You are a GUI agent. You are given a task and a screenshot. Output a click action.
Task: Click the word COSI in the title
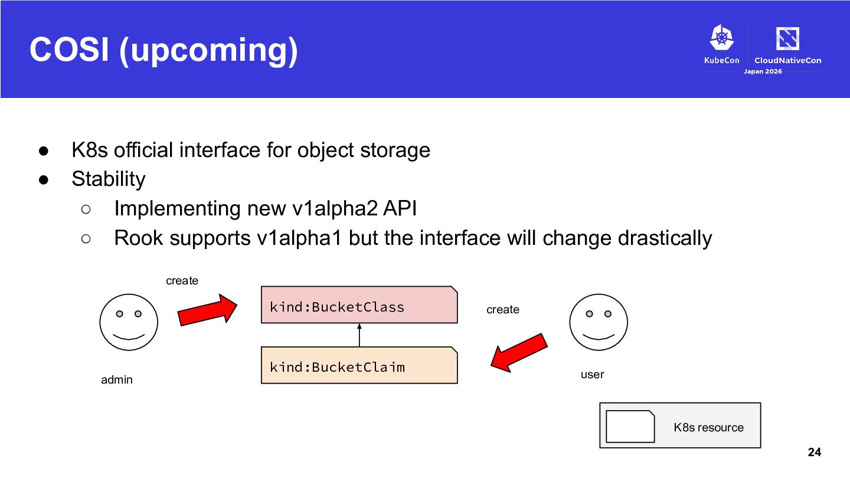click(70, 50)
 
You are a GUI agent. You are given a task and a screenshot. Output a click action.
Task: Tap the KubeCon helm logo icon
click(722, 37)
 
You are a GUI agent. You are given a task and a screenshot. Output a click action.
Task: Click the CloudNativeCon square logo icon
click(788, 38)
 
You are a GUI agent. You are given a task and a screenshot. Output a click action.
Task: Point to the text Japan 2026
click(763, 71)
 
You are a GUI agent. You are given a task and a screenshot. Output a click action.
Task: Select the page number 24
click(815, 452)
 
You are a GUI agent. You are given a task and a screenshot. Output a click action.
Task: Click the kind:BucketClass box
click(359, 305)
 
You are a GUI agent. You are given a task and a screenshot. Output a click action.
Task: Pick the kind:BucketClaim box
click(359, 365)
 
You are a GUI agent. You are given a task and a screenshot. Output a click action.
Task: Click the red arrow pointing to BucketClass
click(207, 310)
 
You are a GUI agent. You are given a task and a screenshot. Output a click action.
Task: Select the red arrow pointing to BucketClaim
click(519, 353)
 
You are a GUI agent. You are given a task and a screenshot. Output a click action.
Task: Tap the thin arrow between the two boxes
click(359, 335)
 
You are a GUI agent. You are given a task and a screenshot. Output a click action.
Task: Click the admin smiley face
click(129, 322)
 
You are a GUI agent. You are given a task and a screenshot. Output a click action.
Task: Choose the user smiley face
click(599, 322)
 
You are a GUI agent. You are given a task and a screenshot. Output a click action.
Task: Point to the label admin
click(117, 380)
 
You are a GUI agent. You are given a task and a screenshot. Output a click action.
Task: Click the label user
click(593, 375)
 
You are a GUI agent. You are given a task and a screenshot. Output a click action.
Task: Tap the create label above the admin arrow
click(182, 281)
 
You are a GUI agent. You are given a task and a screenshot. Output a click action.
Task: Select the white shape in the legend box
click(630, 427)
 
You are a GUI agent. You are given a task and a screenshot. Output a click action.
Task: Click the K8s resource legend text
click(708, 427)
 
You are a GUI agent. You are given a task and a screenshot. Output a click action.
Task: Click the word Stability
click(109, 179)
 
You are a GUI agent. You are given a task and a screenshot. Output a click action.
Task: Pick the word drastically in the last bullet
click(665, 238)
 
